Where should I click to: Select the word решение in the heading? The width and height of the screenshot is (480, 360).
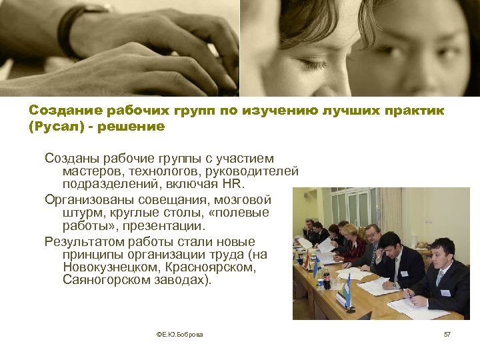(131, 126)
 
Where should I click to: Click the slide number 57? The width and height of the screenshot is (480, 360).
(447, 334)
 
